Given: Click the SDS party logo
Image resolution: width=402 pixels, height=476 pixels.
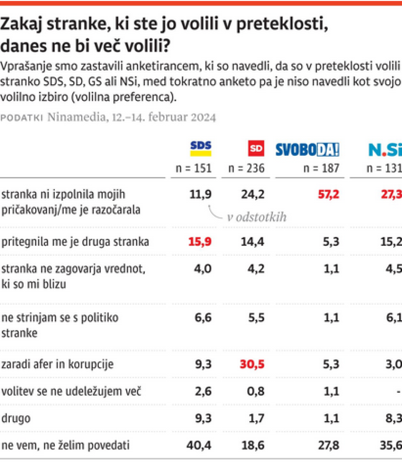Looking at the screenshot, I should (201, 148).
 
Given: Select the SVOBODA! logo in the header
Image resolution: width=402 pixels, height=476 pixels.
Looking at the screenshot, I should (307, 149).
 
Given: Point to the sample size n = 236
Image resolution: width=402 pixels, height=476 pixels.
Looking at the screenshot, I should (246, 168).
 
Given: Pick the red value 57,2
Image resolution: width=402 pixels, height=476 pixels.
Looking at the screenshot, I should (329, 194).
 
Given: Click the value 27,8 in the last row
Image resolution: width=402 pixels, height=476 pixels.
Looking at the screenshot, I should (329, 445).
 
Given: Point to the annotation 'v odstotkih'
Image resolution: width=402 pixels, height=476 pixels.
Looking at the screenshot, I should (257, 217).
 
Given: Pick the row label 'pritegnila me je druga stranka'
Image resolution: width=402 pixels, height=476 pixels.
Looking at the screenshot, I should (76, 242).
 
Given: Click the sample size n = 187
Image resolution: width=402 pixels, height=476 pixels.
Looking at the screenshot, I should (320, 168).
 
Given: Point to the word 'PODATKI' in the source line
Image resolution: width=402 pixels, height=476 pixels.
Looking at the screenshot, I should (22, 118).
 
